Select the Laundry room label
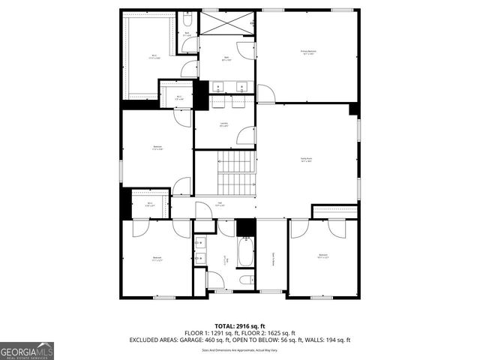(x=224, y=124)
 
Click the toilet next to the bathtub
(x=245, y=280)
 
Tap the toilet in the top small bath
(x=187, y=19)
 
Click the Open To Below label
(x=272, y=259)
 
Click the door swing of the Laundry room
(x=244, y=136)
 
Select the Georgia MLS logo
(x=27, y=350)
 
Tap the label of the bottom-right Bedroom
(x=323, y=256)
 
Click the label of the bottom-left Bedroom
(x=157, y=259)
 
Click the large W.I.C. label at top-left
(x=154, y=57)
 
